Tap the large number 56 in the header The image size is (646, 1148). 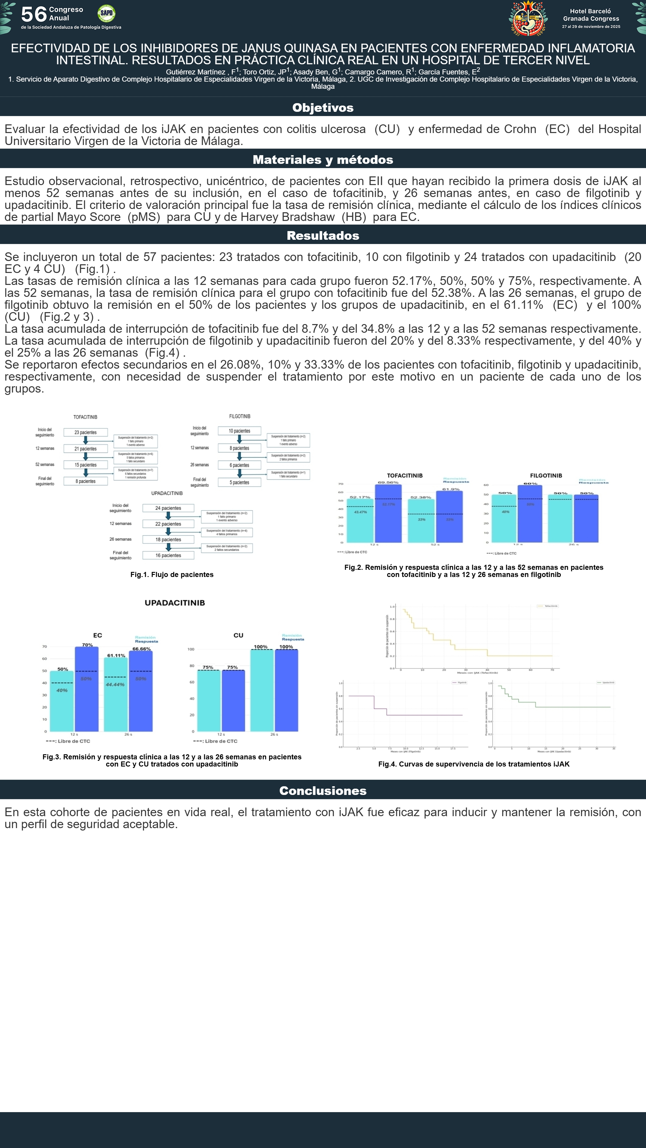[33, 14]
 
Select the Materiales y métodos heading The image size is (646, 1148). [323, 160]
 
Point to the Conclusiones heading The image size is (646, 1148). [323, 790]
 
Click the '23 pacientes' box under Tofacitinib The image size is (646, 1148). [86, 432]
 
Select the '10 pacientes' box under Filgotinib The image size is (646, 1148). [239, 431]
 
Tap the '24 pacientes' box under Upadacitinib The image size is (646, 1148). [168, 508]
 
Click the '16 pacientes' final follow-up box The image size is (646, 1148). [168, 555]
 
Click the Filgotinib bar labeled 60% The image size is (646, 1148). [530, 513]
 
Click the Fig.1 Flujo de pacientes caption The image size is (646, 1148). [172, 574]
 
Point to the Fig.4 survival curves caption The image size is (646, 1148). [473, 764]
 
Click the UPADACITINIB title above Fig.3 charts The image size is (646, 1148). [175, 602]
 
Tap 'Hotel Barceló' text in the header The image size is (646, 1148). [590, 11]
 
